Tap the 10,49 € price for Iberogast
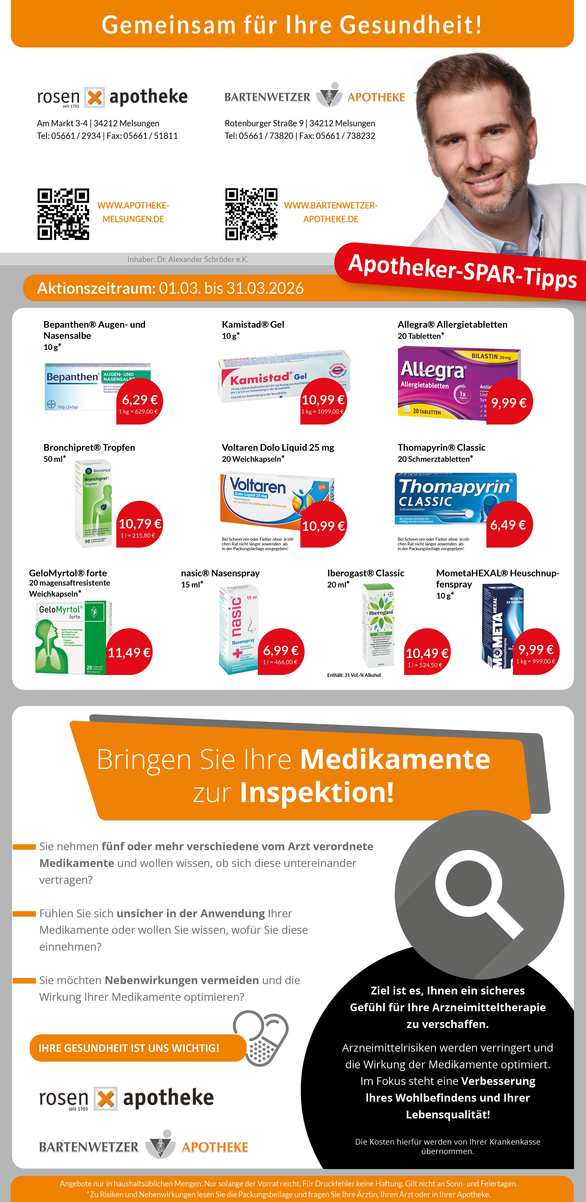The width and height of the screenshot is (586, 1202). pos(427,653)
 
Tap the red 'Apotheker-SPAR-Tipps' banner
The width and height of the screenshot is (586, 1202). pos(462,271)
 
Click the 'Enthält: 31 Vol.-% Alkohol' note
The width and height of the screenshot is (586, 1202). pos(354,675)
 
